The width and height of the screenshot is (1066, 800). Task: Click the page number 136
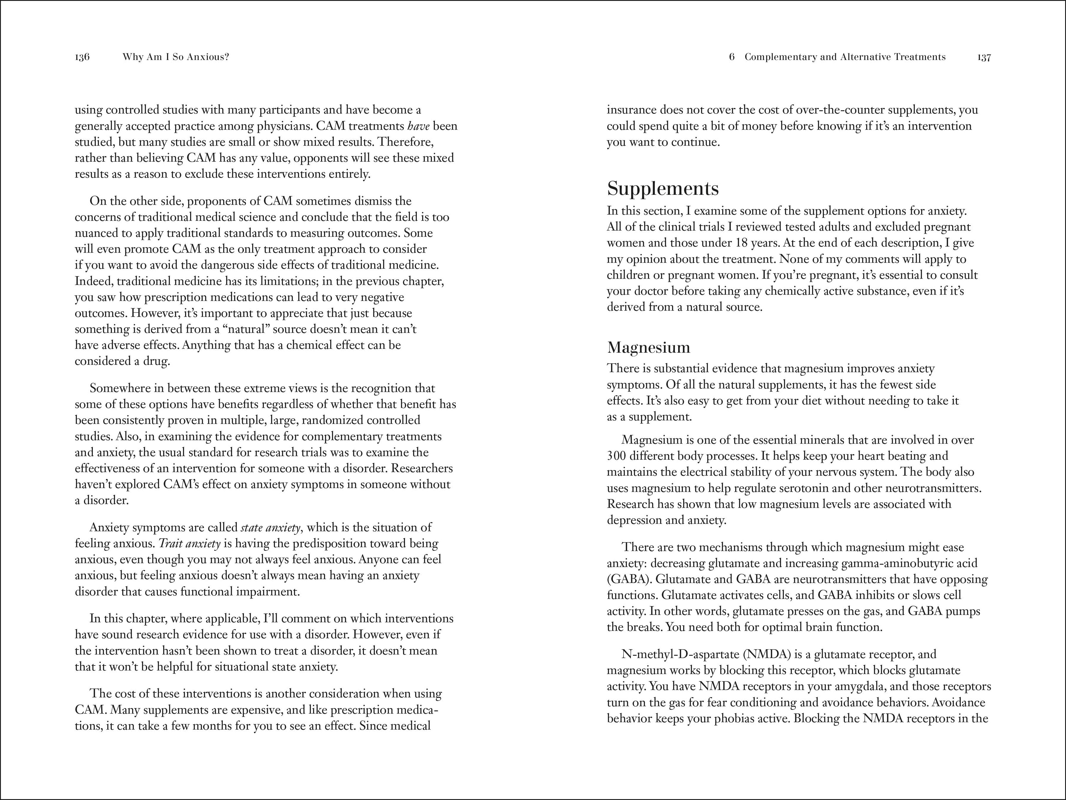(x=82, y=57)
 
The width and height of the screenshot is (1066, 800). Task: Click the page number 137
(x=984, y=57)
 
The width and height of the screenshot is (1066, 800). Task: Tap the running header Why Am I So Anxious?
(x=175, y=57)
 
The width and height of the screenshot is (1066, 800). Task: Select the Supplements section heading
(x=663, y=188)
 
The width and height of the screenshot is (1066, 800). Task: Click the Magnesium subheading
(x=648, y=347)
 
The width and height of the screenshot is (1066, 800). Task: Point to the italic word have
(x=418, y=126)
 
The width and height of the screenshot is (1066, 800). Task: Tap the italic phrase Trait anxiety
(x=189, y=544)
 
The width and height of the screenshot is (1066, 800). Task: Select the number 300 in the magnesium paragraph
(x=616, y=456)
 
